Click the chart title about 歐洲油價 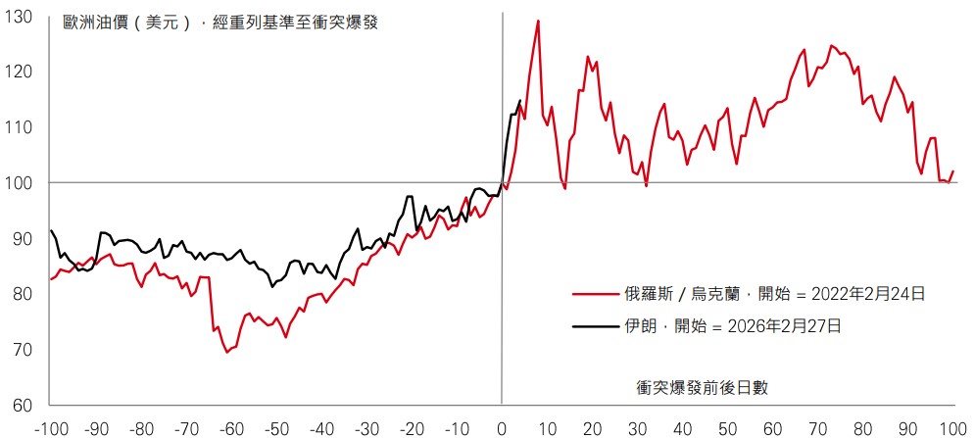[219, 22]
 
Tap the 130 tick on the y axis [21, 17]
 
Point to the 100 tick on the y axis [21, 183]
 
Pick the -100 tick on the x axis [51, 428]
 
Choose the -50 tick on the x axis [276, 428]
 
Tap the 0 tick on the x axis [502, 428]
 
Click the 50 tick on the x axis [727, 428]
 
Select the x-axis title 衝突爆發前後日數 [702, 387]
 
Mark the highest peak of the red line [538, 21]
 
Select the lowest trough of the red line [227, 352]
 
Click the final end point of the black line [519, 100]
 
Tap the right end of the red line [953, 171]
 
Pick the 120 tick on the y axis [21, 72]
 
